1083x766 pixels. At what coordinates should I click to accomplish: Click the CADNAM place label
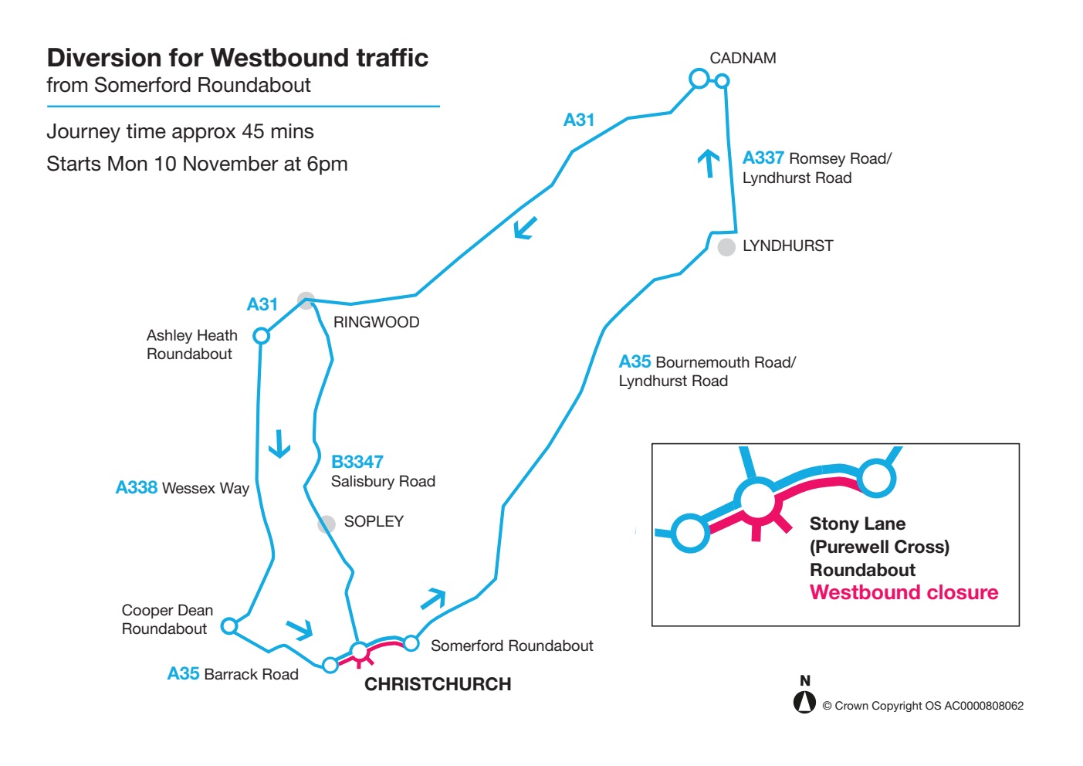pos(743,58)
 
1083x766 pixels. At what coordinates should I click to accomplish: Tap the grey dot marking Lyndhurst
pos(726,247)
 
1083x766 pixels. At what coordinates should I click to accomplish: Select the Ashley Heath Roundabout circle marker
pos(262,336)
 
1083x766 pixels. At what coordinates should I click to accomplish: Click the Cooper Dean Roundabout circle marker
pos(229,625)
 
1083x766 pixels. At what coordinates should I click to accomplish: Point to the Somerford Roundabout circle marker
pos(411,642)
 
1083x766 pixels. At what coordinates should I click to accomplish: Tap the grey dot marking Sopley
pos(327,524)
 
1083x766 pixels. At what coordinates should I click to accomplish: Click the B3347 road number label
pos(357,462)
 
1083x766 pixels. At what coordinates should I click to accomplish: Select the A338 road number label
pos(137,487)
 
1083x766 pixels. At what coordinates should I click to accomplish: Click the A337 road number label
pos(763,158)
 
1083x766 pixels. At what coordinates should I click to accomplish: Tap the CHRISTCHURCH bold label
pos(438,684)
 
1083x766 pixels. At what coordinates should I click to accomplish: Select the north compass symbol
pos(804,700)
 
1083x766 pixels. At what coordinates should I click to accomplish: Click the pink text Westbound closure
pos(904,592)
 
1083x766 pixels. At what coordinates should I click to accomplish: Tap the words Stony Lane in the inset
pos(857,524)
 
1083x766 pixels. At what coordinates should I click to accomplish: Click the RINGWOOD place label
pos(376,322)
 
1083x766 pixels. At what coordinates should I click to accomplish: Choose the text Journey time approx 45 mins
pos(180,131)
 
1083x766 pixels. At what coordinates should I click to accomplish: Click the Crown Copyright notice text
pos(922,706)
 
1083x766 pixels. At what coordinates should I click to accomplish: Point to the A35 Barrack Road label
pos(232,674)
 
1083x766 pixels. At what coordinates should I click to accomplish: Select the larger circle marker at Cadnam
pos(699,78)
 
